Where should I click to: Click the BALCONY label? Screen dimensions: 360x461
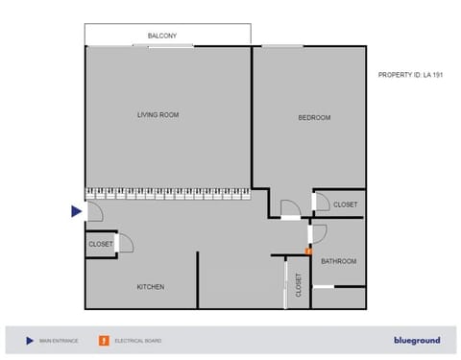161,36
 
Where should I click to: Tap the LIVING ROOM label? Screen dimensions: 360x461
158,115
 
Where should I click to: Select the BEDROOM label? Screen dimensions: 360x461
314,118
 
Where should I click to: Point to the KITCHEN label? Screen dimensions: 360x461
150,287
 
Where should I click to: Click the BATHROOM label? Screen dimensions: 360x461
338,261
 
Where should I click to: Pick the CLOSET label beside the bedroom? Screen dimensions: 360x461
345,204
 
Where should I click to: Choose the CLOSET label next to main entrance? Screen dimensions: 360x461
101,245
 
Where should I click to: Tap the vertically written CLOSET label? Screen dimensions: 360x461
299,285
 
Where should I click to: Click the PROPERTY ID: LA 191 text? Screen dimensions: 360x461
411,75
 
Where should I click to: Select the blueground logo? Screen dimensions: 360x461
417,340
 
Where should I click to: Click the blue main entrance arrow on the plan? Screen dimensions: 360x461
77,212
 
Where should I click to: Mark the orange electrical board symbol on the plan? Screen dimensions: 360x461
308,252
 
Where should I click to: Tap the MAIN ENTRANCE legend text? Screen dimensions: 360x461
57,341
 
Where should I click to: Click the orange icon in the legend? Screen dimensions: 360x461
102,340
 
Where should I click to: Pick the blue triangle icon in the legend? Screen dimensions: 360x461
29,340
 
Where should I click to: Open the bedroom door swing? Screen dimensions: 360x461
289,208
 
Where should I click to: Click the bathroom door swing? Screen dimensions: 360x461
318,233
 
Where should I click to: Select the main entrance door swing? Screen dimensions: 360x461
94,212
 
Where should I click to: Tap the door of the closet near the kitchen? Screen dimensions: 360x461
124,242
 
